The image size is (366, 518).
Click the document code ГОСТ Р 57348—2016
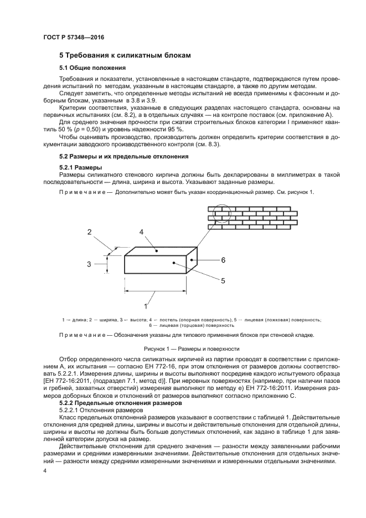pyautogui.click(x=74, y=37)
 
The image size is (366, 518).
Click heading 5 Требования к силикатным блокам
pyautogui.click(x=125, y=55)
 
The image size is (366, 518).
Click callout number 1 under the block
pyautogui.click(x=146, y=305)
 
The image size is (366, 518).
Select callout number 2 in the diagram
pyautogui.click(x=89, y=233)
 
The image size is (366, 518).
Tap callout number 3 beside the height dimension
pyautogui.click(x=89, y=264)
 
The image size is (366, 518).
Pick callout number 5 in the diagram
pyautogui.click(x=223, y=280)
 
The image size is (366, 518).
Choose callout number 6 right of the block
pyautogui.click(x=223, y=260)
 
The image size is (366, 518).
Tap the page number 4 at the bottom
pyautogui.click(x=45, y=470)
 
